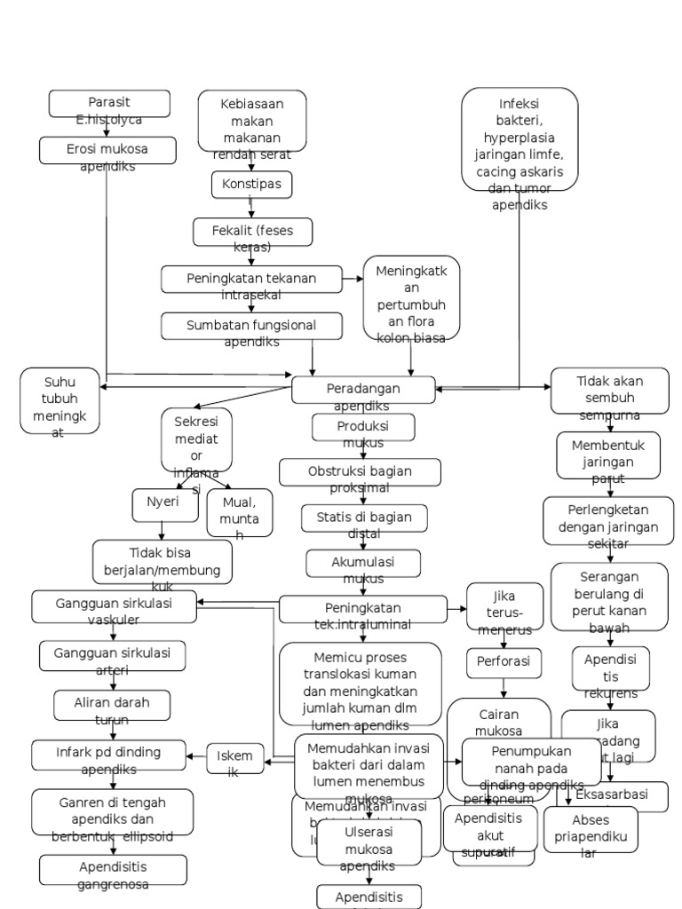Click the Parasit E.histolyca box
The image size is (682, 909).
(x=109, y=104)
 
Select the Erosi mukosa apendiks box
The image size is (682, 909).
(x=107, y=150)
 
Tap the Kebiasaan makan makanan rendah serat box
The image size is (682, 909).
(x=252, y=121)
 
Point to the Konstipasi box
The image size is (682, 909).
(x=251, y=185)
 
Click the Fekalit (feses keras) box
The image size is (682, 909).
(x=252, y=232)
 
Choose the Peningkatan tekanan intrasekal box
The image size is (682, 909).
(x=251, y=279)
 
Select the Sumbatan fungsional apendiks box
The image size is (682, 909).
(x=251, y=326)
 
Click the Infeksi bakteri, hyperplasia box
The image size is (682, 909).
(x=519, y=139)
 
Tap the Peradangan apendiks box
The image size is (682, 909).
(x=363, y=390)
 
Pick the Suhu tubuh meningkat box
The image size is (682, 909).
(x=60, y=401)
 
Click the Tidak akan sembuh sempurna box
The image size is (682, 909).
(x=609, y=391)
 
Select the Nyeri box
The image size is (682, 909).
(x=162, y=502)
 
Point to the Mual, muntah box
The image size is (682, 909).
(x=239, y=513)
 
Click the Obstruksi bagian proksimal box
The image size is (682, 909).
(x=360, y=472)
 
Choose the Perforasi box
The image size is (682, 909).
(x=504, y=662)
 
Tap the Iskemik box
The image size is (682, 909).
(x=235, y=757)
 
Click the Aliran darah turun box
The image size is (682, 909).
(x=112, y=705)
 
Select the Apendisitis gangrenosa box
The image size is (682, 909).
(x=113, y=870)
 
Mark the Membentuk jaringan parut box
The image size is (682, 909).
(x=608, y=454)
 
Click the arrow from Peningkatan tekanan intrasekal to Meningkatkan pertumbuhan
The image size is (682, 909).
(x=353, y=279)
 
